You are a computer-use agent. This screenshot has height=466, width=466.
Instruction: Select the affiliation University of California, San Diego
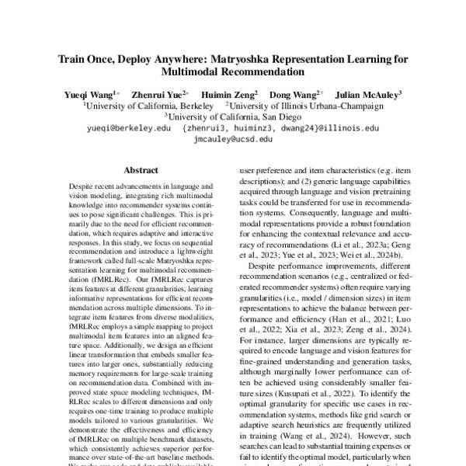pos(233,116)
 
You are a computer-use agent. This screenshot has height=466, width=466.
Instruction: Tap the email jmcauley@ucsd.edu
pos(233,138)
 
